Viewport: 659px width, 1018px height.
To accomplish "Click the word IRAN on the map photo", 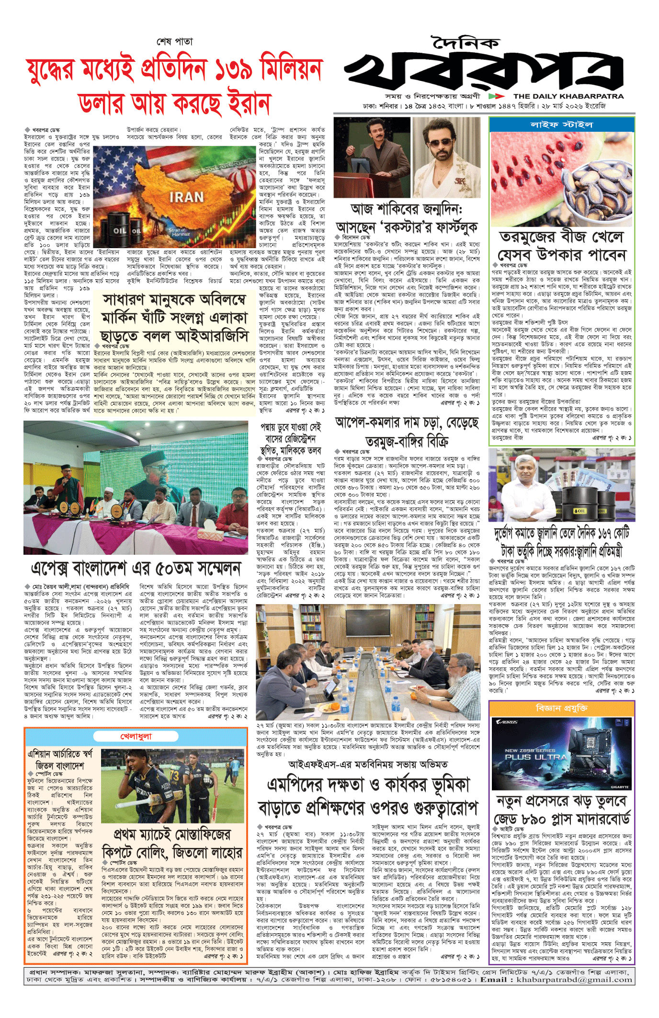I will [186, 197].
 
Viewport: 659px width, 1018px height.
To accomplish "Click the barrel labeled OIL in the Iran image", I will [120, 230].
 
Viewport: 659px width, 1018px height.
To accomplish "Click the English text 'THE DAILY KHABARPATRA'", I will [568, 96].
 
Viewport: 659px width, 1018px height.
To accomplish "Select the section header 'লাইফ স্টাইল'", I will [562, 125].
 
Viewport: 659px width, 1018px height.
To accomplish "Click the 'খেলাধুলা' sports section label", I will [136, 736].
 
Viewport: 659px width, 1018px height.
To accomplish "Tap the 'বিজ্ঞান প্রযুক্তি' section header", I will [562, 708].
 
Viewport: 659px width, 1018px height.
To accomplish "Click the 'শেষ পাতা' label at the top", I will [174, 42].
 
